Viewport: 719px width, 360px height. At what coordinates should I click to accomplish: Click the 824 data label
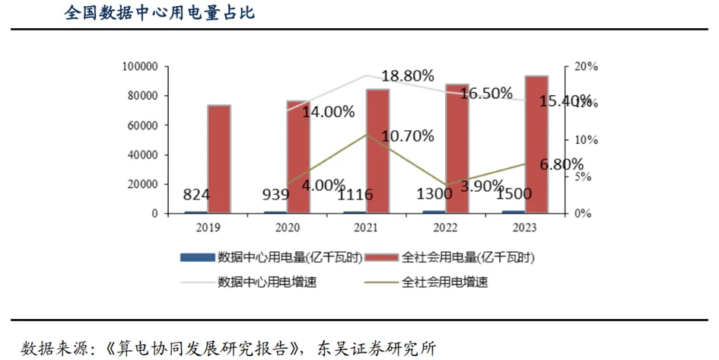(x=196, y=195)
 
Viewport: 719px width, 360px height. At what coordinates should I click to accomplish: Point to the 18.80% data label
(x=408, y=76)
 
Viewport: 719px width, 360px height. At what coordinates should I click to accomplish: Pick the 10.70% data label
(x=408, y=136)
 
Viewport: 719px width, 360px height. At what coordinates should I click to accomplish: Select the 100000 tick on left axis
(x=139, y=67)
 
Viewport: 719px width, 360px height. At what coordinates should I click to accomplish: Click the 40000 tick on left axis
(x=142, y=155)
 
